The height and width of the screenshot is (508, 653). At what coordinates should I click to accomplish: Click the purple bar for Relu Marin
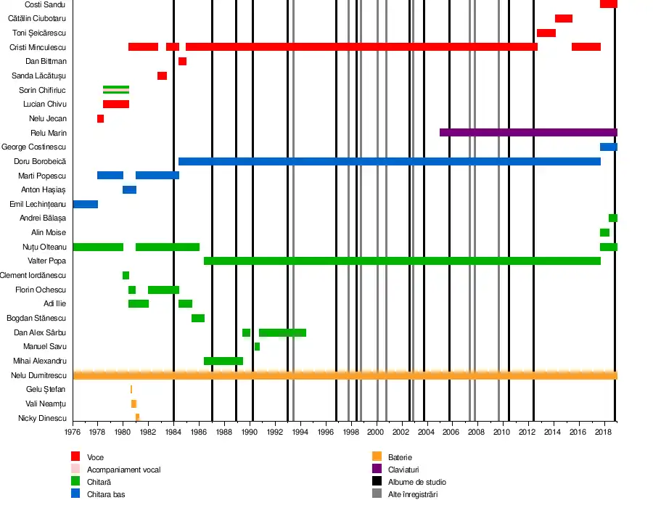tap(528, 132)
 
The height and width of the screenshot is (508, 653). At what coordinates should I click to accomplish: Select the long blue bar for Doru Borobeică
tap(389, 161)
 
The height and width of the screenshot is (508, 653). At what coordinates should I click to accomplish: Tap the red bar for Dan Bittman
tap(182, 61)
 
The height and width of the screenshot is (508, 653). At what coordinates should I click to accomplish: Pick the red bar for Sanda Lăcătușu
tap(162, 75)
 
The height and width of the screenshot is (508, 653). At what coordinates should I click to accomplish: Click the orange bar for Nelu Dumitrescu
tap(345, 375)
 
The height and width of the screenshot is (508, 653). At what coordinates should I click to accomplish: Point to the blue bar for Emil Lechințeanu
tap(86, 204)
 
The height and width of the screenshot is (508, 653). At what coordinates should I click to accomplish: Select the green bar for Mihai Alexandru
tap(223, 361)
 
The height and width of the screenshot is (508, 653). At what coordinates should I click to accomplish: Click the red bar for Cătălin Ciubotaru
tap(564, 18)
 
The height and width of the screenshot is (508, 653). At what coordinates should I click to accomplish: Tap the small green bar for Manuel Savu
tap(257, 346)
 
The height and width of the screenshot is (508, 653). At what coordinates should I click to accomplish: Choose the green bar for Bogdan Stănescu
tap(198, 318)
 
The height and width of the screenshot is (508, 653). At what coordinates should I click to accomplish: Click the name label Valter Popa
tap(47, 261)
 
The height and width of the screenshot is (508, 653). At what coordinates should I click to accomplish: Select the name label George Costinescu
tap(34, 147)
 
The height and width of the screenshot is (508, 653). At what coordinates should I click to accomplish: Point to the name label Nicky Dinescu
tap(43, 418)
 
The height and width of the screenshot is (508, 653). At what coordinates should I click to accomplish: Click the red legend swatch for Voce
tap(75, 456)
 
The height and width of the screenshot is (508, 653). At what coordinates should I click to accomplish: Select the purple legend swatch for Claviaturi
tap(377, 469)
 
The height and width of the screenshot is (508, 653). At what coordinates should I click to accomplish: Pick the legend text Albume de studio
tap(417, 482)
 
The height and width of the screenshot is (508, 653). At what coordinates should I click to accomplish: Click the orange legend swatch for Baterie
tap(377, 456)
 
